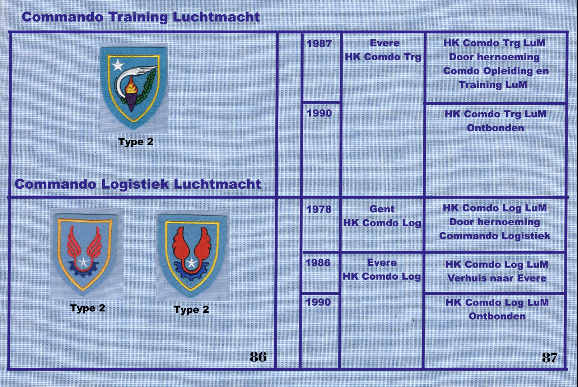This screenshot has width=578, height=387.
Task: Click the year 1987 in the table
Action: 319,43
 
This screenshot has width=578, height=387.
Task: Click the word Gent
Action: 382,209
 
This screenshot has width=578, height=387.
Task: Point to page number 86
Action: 258,357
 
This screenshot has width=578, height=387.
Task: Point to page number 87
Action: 550,358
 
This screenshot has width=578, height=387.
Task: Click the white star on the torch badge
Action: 118,65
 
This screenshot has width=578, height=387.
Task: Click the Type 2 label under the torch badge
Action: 136,142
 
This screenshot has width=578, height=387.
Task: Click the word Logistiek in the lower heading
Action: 135,184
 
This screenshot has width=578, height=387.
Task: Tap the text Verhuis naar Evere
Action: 497,278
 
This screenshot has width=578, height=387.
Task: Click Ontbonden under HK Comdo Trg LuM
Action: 495,128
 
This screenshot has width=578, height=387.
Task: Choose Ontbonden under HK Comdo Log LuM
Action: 497,316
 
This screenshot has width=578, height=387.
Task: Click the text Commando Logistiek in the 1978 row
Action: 495,236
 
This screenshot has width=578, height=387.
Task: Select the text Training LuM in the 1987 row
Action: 493,85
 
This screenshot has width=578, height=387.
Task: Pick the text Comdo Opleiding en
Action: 496,71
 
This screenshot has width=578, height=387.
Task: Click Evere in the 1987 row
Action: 384,43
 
